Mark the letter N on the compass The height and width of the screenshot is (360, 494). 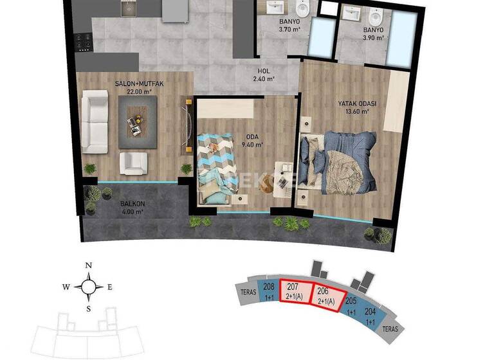89,266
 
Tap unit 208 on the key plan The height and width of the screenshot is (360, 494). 270,291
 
